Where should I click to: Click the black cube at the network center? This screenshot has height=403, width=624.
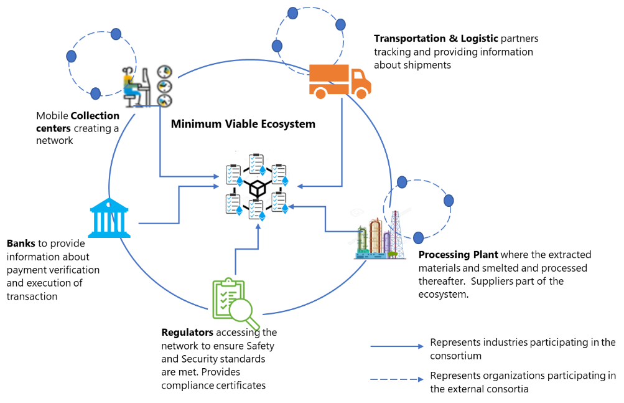(256, 188)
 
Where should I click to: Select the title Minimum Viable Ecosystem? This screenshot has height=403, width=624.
(243, 124)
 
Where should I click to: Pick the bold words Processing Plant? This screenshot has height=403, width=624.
(458, 255)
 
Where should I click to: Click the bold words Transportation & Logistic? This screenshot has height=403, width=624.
(435, 39)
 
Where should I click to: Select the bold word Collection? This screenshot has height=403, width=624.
(95, 116)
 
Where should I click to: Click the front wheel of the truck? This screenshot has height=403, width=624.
(361, 93)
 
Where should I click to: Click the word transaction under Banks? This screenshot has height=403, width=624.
(32, 296)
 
